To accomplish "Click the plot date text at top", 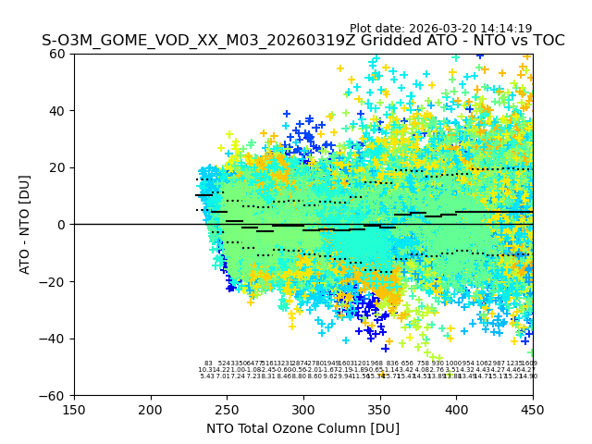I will click(x=440, y=29).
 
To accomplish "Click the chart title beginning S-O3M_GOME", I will click(x=302, y=42).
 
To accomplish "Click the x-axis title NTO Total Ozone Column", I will click(x=302, y=428).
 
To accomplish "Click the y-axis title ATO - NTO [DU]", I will click(x=26, y=225).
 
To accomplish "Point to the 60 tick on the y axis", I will click(x=57, y=54).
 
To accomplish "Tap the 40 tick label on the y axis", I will click(x=57, y=111).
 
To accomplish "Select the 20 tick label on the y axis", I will click(x=57, y=167).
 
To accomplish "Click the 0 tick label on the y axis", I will click(x=61, y=225).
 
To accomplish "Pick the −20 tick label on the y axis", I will click(x=54, y=282).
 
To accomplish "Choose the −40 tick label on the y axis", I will click(x=54, y=339).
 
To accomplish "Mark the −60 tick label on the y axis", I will click(x=54, y=396).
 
